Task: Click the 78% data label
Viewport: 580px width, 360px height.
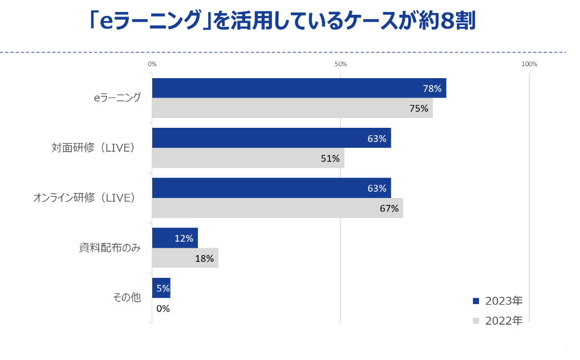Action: point(432,88)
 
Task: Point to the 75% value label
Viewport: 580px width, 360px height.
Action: point(419,108)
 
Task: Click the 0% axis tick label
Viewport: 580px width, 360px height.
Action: point(152,64)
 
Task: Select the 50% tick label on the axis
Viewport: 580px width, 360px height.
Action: point(340,64)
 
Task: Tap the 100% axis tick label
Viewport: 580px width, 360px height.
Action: point(529,64)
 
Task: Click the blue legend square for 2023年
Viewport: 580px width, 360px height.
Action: point(476,301)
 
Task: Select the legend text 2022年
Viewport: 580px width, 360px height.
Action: point(504,321)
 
